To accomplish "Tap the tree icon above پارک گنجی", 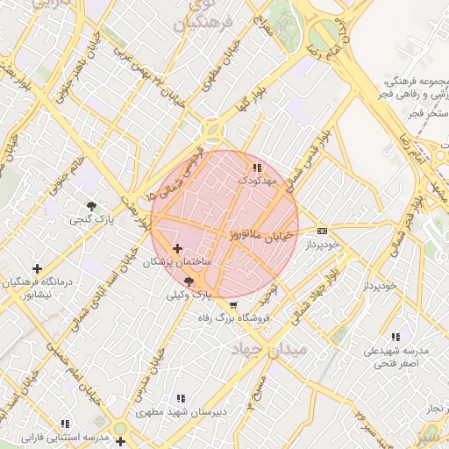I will (x=90, y=205).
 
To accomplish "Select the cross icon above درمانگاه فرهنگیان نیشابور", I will (x=37, y=268).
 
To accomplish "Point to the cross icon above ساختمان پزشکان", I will (x=178, y=249).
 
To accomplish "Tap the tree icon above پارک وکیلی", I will (x=189, y=282).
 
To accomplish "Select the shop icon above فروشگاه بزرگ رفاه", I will (x=232, y=305).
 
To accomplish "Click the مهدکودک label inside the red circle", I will (x=257, y=180).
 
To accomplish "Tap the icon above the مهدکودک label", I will (x=257, y=167).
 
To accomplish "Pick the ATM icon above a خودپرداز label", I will (x=323, y=231).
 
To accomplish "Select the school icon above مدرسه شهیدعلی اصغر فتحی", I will (x=396, y=337).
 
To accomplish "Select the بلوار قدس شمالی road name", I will (x=312, y=150).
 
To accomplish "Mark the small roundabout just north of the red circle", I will (x=212, y=131).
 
